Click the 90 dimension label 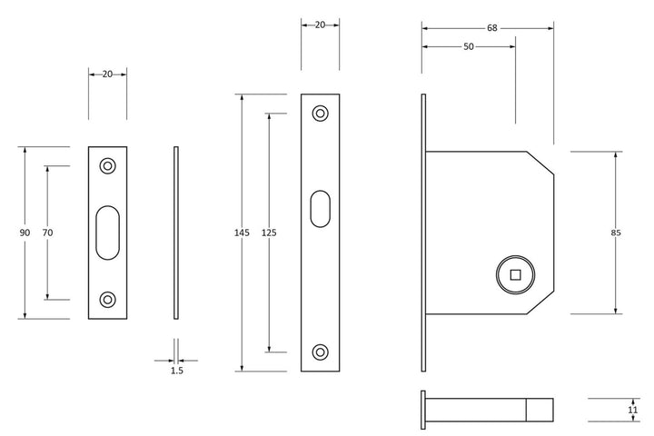[x=25, y=233]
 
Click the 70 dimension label [x=47, y=233]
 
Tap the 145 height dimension [x=242, y=233]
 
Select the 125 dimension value [x=269, y=233]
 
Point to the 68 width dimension [x=492, y=28]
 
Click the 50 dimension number [x=469, y=46]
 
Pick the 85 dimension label [x=616, y=233]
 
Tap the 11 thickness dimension [x=633, y=411]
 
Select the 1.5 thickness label [x=177, y=371]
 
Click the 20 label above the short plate [x=107, y=74]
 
